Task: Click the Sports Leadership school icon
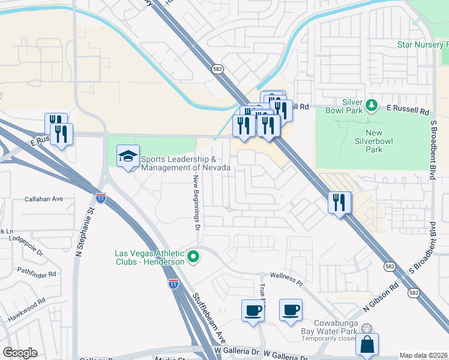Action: (128, 157)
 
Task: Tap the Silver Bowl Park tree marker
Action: (372, 106)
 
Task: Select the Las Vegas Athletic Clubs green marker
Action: (193, 257)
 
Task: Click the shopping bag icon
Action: (367, 345)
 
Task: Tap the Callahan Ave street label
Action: (43, 199)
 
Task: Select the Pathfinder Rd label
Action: (36, 274)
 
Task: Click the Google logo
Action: (20, 353)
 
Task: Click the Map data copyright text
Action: (420, 355)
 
